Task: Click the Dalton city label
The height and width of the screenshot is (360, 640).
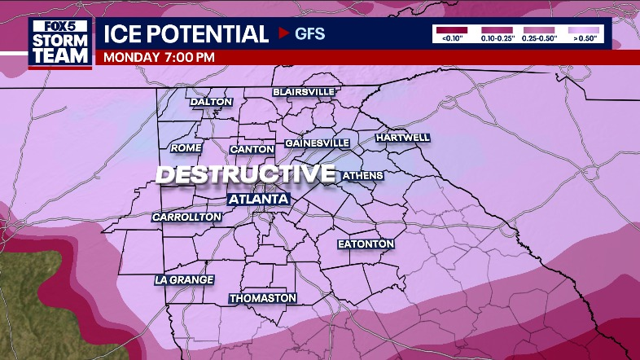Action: (x=211, y=102)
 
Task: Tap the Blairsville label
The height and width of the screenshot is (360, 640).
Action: (x=303, y=92)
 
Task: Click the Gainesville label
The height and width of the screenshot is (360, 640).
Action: (x=317, y=143)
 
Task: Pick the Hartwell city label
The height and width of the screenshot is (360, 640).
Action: (x=402, y=138)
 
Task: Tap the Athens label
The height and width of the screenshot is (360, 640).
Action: (x=362, y=175)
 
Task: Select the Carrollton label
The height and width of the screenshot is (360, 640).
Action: (x=186, y=217)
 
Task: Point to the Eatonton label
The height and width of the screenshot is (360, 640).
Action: (x=366, y=244)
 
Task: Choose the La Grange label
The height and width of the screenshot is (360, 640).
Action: (x=184, y=279)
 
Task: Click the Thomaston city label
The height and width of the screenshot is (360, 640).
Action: (x=262, y=298)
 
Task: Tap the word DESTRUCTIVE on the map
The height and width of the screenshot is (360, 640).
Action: (x=245, y=173)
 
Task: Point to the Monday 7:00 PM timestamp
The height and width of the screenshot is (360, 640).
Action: (x=159, y=57)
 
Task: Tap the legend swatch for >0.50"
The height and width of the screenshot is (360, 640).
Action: (x=581, y=29)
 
